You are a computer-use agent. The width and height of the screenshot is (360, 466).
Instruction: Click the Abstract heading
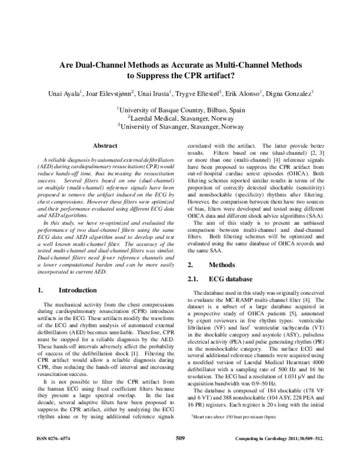[x=100, y=146]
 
